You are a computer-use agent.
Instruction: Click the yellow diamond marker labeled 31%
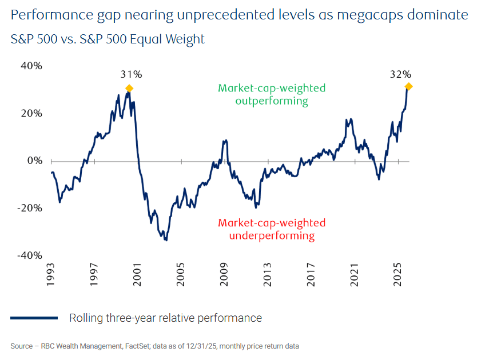tap(129, 89)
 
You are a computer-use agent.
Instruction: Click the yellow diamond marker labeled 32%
tap(408, 86)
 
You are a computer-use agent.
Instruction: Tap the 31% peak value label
tap(131, 74)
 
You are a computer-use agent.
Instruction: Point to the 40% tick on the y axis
tap(31, 66)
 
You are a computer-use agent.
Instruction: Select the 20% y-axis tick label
tap(31, 113)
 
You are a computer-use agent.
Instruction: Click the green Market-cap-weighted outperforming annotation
tap(272, 95)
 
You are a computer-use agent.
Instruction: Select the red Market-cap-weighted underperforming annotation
tap(272, 229)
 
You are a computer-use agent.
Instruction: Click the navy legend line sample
tap(34, 318)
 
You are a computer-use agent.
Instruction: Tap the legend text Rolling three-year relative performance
tap(165, 318)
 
